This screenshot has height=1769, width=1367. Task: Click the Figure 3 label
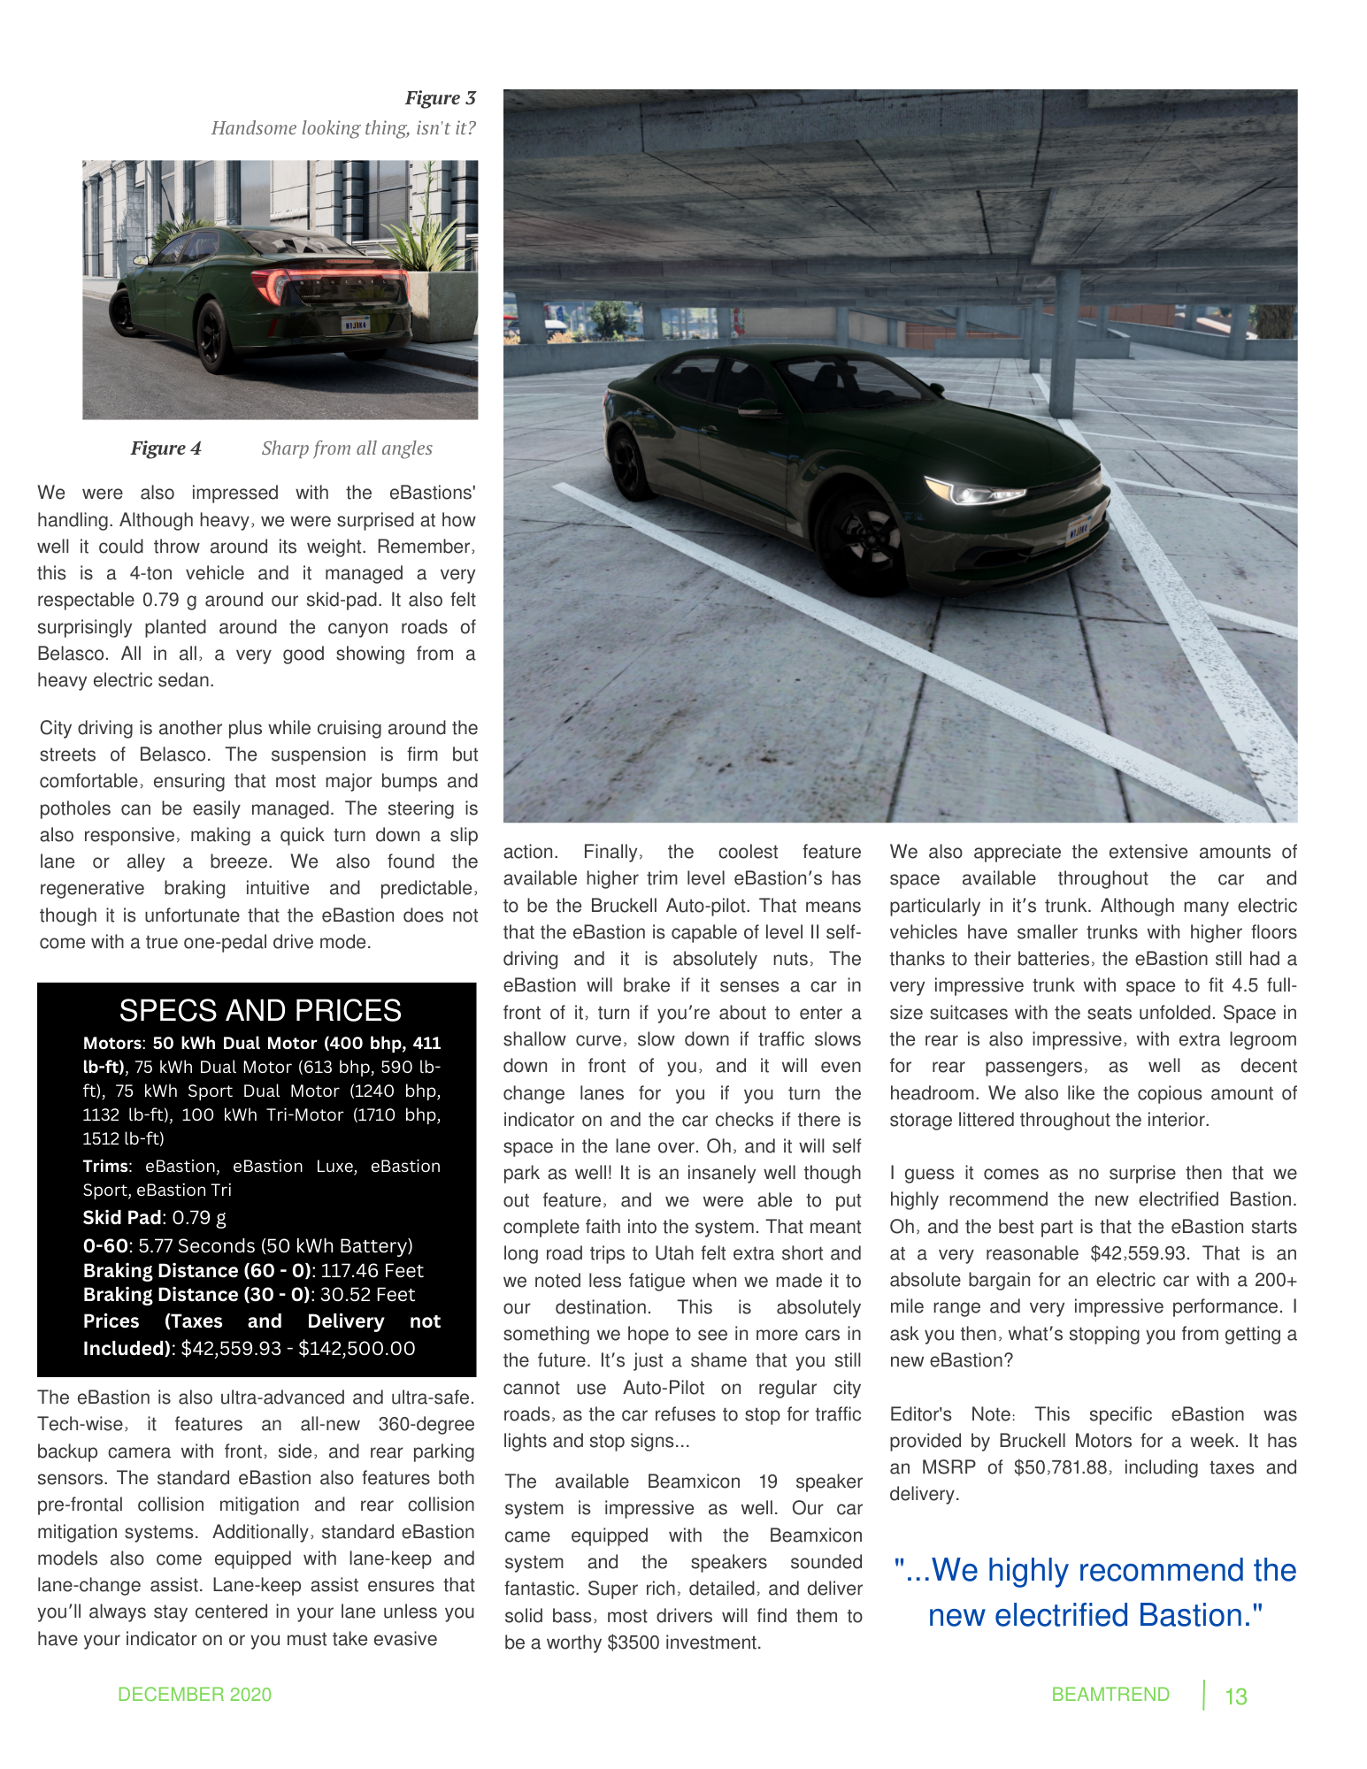(440, 98)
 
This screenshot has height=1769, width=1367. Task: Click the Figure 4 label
(165, 448)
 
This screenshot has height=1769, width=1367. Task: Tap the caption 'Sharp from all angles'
(347, 448)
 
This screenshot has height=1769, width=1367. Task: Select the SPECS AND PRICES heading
(260, 1010)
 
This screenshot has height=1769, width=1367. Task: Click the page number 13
(1235, 1696)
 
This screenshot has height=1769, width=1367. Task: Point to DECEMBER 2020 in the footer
(195, 1695)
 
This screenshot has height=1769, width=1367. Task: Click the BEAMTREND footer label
(1110, 1695)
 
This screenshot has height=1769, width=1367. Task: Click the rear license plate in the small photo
(356, 325)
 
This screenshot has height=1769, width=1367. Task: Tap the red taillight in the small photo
(270, 285)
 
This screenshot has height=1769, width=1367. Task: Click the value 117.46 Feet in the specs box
(372, 1271)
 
